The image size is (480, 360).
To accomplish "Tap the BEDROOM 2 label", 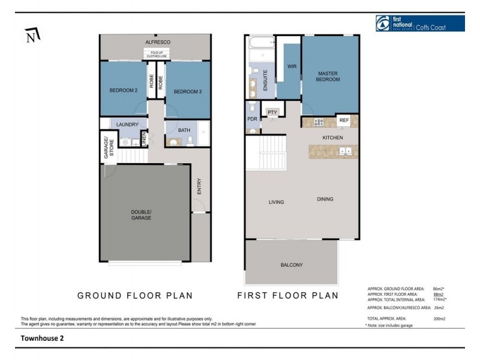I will tap(124, 91).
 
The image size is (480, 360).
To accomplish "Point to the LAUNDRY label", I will tap(127, 125).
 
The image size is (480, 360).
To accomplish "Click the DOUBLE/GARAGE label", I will tap(142, 215).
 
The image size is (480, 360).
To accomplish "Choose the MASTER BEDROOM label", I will tap(328, 76).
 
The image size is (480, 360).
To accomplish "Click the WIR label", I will tap(293, 67).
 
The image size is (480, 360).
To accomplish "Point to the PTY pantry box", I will tap(272, 113).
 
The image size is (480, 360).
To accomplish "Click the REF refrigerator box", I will tap(344, 121).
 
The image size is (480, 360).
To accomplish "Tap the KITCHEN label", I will tap(333, 138).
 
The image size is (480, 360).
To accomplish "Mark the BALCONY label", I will tap(292, 265).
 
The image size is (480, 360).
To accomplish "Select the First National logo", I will tap(419, 23).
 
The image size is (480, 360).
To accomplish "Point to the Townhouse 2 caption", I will tap(42, 338).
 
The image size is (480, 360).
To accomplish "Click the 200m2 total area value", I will tap(439, 319).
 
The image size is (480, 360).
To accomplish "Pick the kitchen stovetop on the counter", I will tap(318, 122).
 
